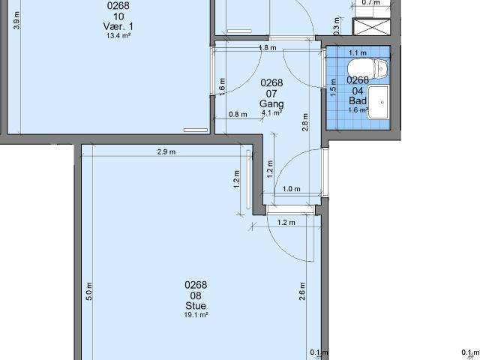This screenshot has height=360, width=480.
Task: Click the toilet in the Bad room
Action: [x=367, y=68]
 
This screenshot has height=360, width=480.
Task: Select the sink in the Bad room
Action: [x=378, y=102]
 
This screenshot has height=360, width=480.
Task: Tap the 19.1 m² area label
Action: [x=196, y=315]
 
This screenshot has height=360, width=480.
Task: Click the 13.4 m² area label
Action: [x=118, y=35]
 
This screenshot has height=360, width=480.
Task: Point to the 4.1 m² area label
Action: [x=271, y=112]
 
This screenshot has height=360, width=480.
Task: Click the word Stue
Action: [x=196, y=305]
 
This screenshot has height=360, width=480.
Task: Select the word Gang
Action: [x=271, y=103]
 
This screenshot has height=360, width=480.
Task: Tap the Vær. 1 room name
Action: [x=118, y=26]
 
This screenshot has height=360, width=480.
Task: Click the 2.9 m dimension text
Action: [x=166, y=151]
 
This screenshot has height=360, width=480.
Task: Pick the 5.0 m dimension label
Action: [x=89, y=291]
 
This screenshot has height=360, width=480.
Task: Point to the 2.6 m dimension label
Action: [x=301, y=291]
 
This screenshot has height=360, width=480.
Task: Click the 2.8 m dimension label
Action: [x=305, y=122]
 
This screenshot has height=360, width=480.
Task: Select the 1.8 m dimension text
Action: [x=268, y=48]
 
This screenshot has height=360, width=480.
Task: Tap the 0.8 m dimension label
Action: [x=238, y=115]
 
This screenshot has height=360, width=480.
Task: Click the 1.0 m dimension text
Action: [x=291, y=189]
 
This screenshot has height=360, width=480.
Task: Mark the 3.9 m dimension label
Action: [x=17, y=20]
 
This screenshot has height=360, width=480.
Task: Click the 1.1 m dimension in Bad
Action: [x=358, y=53]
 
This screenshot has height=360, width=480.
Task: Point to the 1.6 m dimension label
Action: [x=222, y=87]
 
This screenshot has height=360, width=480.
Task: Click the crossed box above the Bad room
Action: [x=372, y=27]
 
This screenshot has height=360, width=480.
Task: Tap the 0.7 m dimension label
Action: [x=371, y=2]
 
